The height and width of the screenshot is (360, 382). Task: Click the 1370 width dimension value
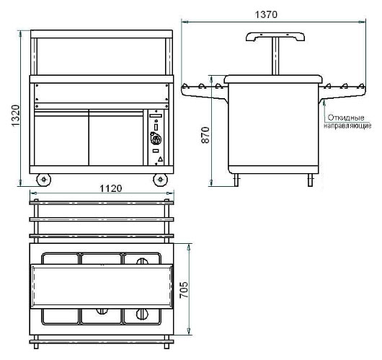tap(266, 14)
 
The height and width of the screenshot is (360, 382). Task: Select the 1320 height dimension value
tap(15, 115)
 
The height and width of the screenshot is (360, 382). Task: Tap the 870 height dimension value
tap(205, 135)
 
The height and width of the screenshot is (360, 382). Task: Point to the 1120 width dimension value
tap(110, 188)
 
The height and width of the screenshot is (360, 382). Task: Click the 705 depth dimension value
tap(184, 289)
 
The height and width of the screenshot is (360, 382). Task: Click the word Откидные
tap(346, 118)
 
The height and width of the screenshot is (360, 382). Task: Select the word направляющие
tap(347, 126)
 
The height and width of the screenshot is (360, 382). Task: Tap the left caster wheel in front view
tap(44, 180)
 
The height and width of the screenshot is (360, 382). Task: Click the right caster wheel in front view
tap(160, 180)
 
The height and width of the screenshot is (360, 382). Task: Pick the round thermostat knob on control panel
tap(156, 139)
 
